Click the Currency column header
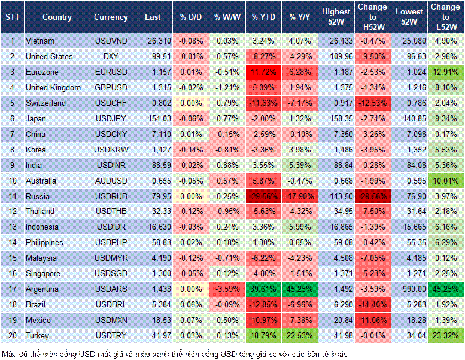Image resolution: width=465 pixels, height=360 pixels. [x=111, y=17]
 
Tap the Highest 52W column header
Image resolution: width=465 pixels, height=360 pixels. [x=336, y=17]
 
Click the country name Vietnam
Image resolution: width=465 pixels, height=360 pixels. [x=39, y=41]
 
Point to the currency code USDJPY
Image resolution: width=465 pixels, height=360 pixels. [x=111, y=119]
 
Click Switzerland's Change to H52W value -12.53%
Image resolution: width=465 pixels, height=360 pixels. [x=373, y=103]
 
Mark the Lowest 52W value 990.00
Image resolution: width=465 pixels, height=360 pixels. [x=410, y=289]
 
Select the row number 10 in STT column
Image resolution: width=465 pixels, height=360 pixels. [x=12, y=181]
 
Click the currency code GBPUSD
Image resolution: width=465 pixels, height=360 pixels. [x=111, y=88]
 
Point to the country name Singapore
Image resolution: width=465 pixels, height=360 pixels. [x=43, y=274]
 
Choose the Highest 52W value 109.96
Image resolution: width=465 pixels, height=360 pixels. [x=336, y=57]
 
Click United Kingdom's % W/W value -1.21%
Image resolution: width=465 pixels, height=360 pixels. [x=226, y=88]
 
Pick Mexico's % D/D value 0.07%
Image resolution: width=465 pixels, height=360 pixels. [x=191, y=320]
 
